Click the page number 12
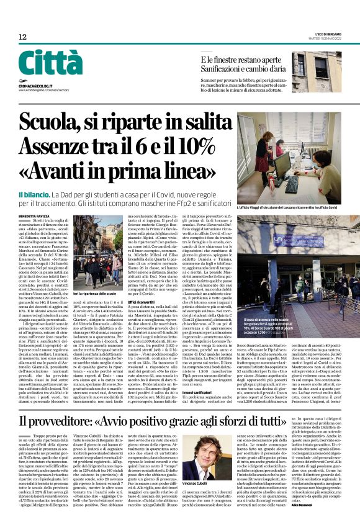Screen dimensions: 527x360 [22, 37]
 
